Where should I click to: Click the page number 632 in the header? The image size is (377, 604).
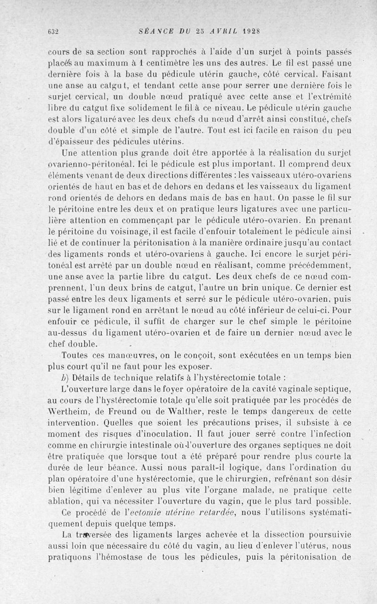tap(53, 32)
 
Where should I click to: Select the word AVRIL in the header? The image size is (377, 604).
tap(220, 32)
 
